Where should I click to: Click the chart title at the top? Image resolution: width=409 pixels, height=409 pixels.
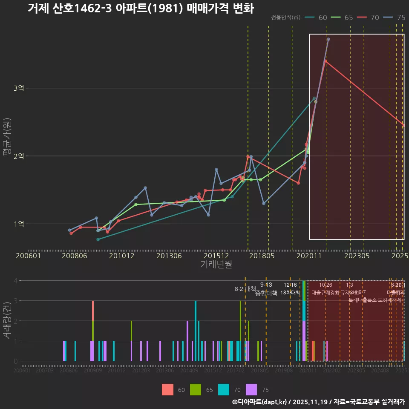141,9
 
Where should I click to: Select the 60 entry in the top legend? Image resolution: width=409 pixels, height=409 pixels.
317,17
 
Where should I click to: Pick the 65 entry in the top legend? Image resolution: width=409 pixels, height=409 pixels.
343,17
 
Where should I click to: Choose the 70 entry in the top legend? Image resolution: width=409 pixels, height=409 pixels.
369,17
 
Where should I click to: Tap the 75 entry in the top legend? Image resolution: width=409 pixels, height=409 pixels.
395,17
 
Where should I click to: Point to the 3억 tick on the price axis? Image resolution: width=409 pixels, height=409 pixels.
19,88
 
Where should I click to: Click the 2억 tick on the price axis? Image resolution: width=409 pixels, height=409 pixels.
19,156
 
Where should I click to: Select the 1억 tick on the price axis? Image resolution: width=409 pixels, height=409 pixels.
19,224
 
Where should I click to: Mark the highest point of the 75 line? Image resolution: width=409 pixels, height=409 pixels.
328,39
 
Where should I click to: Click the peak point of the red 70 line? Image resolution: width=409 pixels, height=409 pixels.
325,61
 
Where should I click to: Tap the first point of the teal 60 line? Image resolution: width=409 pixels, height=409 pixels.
98,239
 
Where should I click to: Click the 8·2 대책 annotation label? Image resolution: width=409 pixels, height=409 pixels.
242,289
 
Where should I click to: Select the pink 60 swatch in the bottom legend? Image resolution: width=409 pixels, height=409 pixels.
167,389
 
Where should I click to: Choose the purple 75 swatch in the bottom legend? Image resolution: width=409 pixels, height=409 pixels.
252,389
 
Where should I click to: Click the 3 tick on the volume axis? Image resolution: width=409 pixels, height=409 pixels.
16,301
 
